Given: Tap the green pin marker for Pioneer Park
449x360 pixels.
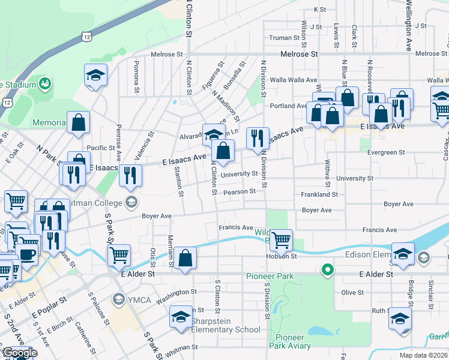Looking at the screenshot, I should pyautogui.click(x=327, y=270).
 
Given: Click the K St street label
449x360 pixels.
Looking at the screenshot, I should pyautogui.click(x=319, y=10).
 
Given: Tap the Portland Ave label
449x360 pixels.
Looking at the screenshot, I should pyautogui.click(x=289, y=106).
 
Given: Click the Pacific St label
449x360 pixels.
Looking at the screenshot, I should pyautogui.click(x=100, y=148).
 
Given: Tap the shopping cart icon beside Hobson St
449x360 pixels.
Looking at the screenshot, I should pyautogui.click(x=281, y=241).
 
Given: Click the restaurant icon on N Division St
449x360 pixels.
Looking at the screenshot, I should pyautogui.click(x=258, y=139).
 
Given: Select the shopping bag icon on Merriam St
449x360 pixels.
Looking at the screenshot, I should pyautogui.click(x=187, y=259).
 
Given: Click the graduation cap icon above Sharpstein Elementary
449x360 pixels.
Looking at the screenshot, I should pyautogui.click(x=181, y=317).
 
